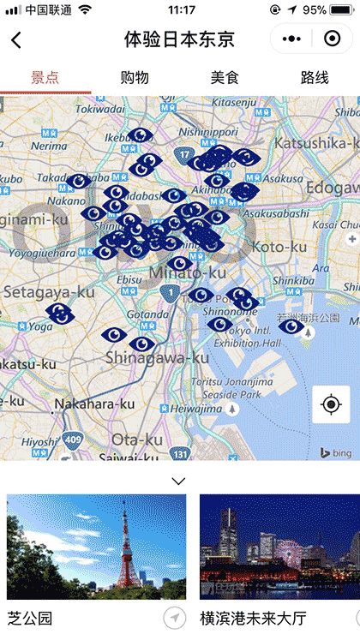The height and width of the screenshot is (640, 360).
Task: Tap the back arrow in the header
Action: coord(16,39)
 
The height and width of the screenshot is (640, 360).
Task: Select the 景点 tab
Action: coord(45,77)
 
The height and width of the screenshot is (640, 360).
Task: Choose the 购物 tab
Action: coord(135,77)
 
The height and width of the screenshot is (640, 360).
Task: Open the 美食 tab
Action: coord(225,77)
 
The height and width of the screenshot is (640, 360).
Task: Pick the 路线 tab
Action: coord(315,77)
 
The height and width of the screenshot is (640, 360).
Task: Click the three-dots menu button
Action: coord(292,39)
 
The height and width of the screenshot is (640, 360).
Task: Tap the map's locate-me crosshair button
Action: coord(331,404)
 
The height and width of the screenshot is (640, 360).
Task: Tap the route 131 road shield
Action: coord(179,453)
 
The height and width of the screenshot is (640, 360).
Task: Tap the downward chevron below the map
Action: coord(178,481)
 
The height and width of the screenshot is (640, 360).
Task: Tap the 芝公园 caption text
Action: coord(30,618)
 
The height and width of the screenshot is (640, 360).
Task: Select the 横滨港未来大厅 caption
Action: coord(253,618)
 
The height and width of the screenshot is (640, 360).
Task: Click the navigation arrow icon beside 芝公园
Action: coord(174,618)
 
